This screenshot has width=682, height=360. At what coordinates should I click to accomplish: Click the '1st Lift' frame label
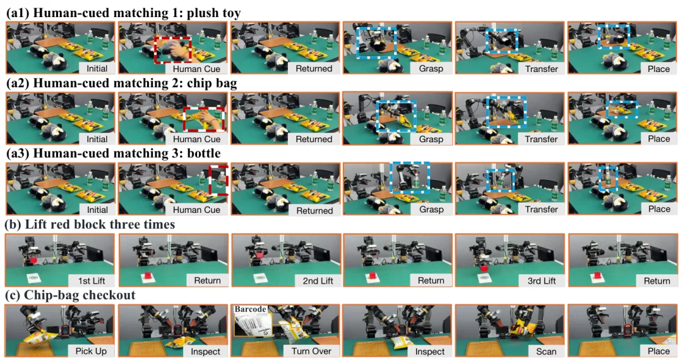[92, 280]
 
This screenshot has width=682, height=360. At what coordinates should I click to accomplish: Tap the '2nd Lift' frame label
[318, 281]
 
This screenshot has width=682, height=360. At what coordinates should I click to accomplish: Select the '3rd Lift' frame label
[542, 281]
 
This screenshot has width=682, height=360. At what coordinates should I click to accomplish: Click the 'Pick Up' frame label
[91, 351]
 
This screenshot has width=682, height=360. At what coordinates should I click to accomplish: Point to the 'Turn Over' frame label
[311, 351]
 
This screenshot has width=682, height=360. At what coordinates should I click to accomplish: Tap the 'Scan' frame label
[546, 351]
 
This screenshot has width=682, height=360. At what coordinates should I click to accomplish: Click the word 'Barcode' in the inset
[250, 309]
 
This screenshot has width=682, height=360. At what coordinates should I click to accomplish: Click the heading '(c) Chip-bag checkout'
[70, 295]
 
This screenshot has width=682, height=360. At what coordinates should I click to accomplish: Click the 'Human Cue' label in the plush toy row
[196, 69]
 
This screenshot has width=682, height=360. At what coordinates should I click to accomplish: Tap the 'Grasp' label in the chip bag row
[431, 139]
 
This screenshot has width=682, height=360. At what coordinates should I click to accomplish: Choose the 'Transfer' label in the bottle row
[541, 210]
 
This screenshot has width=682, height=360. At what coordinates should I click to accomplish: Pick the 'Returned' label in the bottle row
[314, 210]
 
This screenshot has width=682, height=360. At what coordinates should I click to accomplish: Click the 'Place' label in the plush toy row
[659, 69]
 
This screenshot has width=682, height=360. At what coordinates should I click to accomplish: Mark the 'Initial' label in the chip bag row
[97, 139]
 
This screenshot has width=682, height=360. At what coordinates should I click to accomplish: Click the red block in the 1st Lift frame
[32, 260]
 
